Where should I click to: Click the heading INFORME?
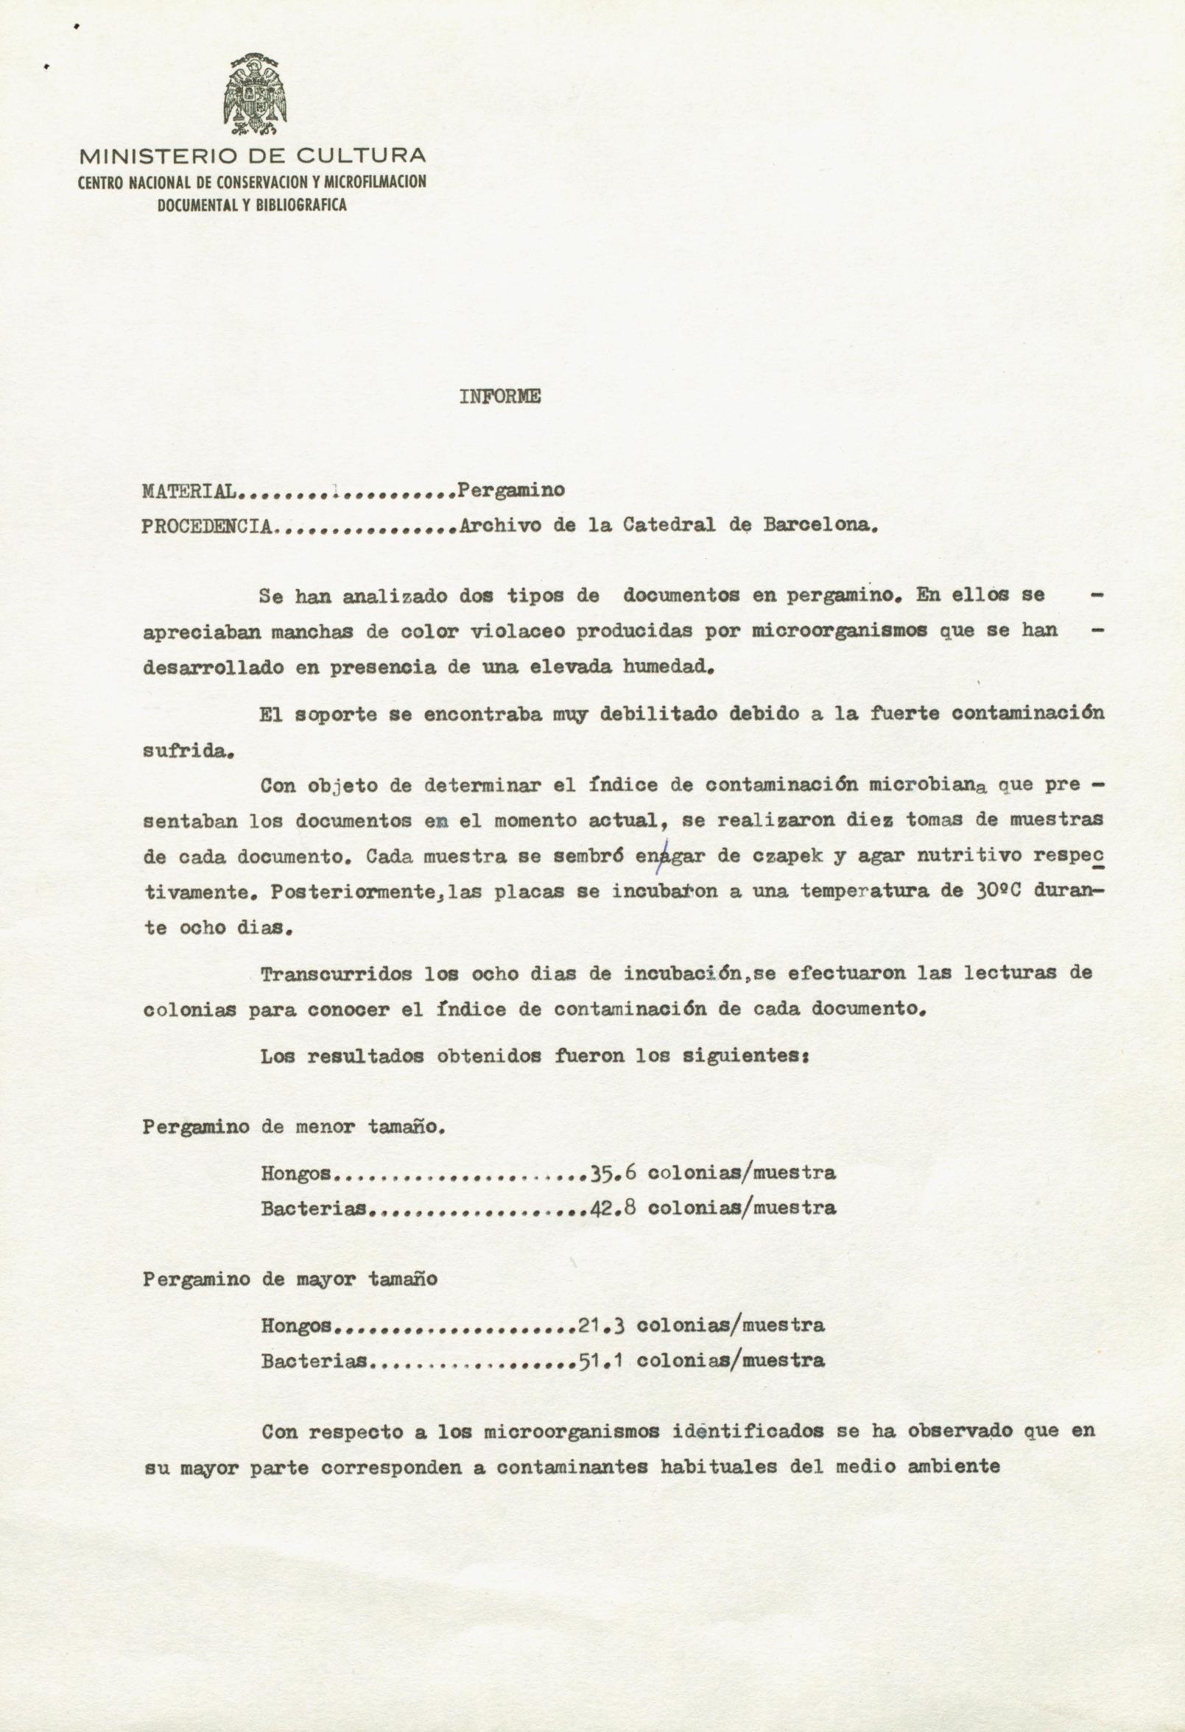coord(499,397)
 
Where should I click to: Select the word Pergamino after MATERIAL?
coord(511,490)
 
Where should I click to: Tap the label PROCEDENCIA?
coord(206,527)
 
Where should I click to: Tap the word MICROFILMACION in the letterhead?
coord(375,181)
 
